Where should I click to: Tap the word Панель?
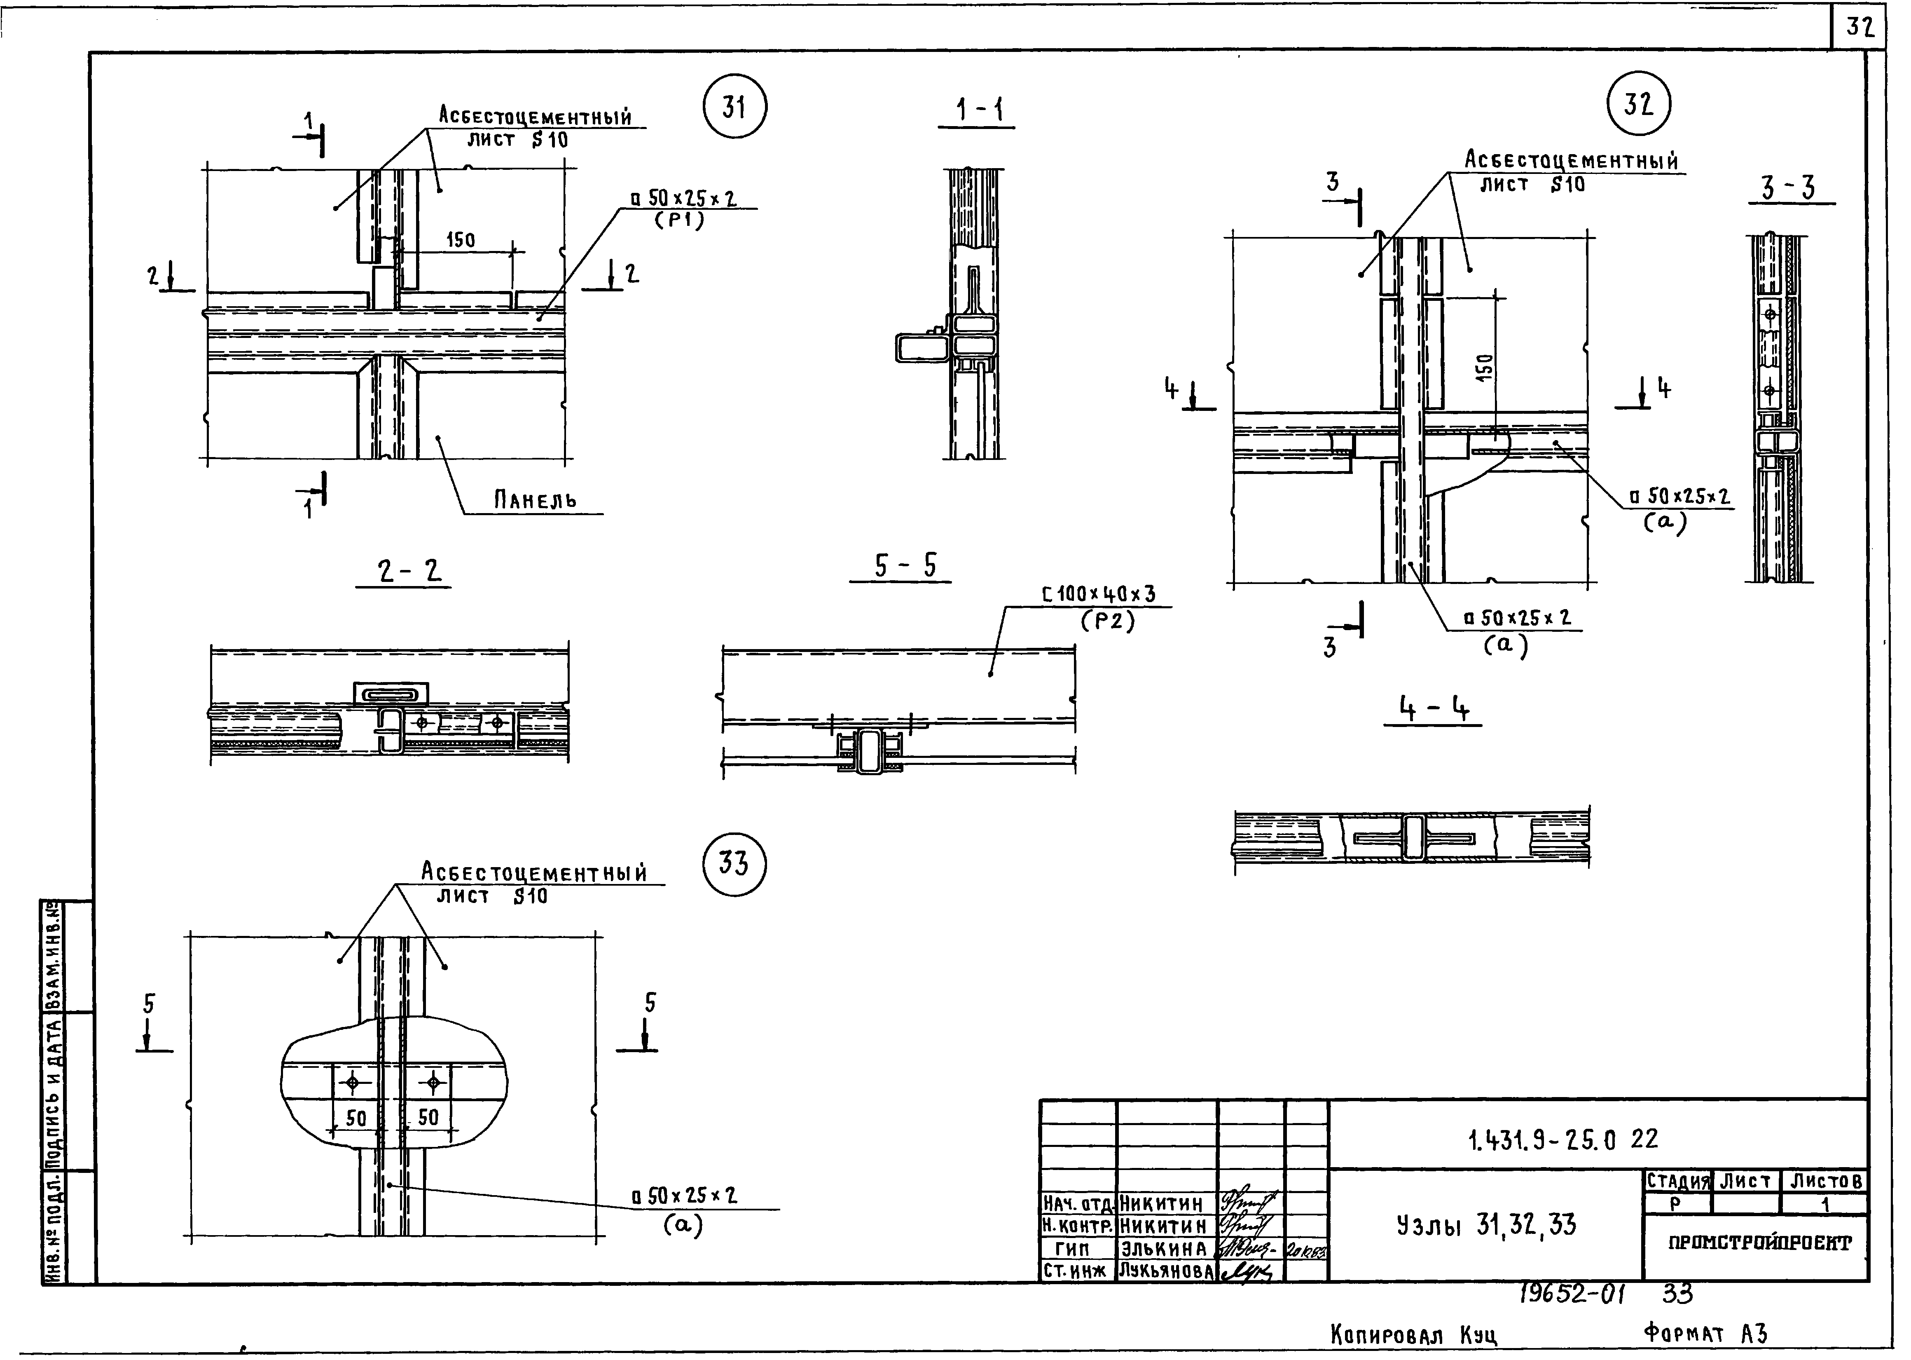tap(535, 501)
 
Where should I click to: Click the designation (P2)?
tap(1106, 621)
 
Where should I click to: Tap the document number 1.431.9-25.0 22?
tap(1562, 1139)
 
